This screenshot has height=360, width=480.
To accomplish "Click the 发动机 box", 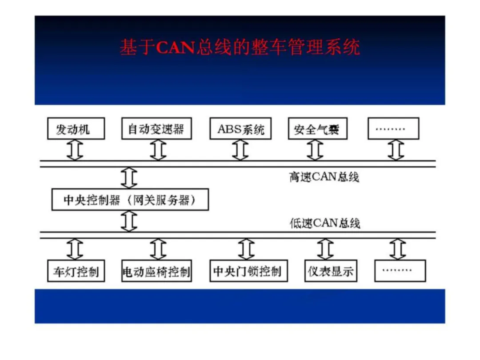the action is click(76, 129).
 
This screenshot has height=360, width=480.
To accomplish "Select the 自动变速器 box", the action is click(156, 129).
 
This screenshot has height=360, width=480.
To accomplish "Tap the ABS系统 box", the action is click(240, 129).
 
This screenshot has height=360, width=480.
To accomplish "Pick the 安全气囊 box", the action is click(317, 129).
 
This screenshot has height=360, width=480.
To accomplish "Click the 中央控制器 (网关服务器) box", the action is click(130, 200).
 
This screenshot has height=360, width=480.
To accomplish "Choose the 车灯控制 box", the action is click(76, 271).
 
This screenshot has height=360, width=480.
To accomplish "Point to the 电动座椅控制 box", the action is click(156, 271).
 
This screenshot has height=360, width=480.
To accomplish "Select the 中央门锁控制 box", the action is click(248, 271).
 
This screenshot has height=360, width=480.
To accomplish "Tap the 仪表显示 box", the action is click(331, 271).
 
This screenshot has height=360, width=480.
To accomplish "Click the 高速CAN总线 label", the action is click(324, 177).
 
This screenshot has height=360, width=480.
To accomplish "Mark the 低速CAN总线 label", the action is click(324, 223).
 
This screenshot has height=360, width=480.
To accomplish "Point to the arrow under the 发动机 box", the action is click(75, 150).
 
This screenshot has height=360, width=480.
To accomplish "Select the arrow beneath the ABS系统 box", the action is click(240, 150).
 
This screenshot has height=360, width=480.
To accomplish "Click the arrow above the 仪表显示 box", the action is click(325, 249).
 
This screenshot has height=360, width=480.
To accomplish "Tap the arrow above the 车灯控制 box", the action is click(75, 249).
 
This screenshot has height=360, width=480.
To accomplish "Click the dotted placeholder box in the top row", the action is click(393, 129).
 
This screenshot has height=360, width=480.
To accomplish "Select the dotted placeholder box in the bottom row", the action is click(400, 271).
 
